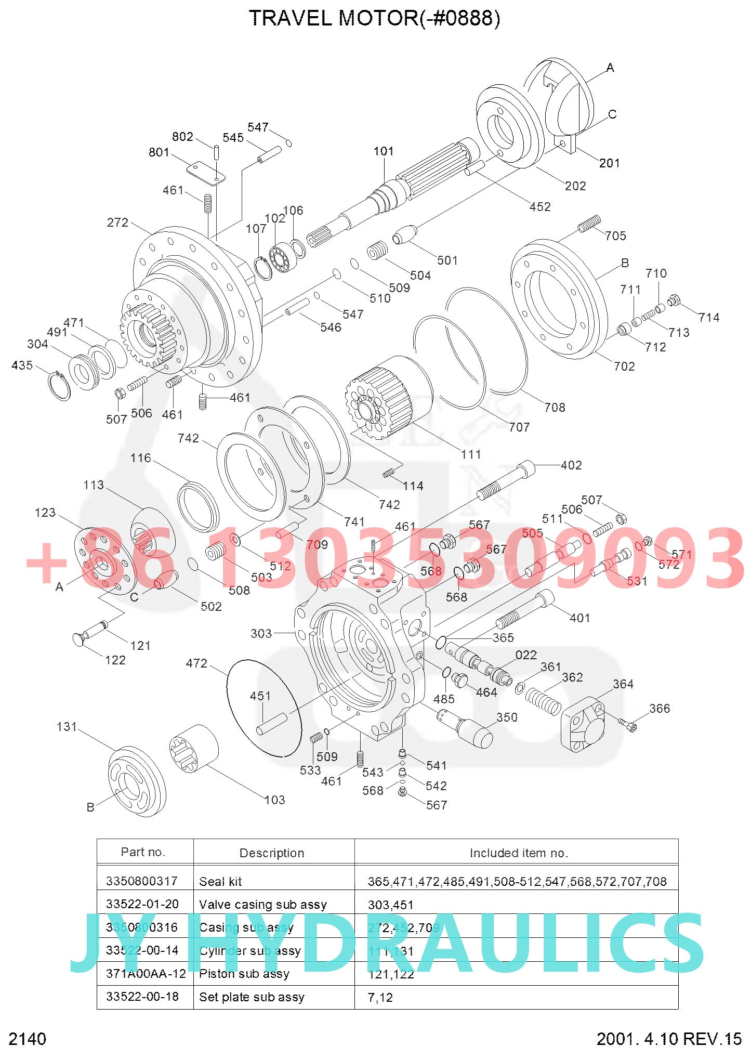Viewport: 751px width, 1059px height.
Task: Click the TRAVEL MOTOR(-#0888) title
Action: (374, 19)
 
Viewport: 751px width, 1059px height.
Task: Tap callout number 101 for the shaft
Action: (384, 151)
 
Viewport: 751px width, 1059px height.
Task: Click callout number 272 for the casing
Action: (117, 223)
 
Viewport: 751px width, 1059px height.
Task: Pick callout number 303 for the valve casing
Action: (261, 633)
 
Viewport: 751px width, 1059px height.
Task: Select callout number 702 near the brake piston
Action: (624, 367)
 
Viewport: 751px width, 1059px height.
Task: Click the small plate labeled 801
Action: (206, 173)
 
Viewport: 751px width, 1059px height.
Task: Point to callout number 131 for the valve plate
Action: (67, 727)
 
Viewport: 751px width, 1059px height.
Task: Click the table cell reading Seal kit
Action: (220, 881)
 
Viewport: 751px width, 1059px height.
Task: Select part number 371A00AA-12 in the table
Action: (146, 973)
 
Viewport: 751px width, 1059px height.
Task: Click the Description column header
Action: (272, 853)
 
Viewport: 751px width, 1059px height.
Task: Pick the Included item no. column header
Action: (518, 853)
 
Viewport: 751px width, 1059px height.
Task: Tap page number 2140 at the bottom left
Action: (28, 1039)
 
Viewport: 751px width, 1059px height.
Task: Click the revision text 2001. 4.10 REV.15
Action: (668, 1039)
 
